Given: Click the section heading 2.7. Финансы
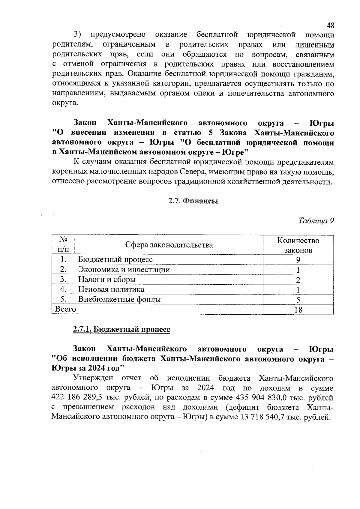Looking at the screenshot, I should [x=193, y=201].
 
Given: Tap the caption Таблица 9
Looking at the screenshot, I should [x=316, y=221].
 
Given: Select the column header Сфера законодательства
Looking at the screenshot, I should [x=169, y=245].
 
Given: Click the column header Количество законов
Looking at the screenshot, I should [x=298, y=245].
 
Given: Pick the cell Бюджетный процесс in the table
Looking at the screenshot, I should [x=115, y=259].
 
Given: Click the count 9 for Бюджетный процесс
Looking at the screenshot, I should [x=298, y=260].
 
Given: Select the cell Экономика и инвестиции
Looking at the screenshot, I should [x=124, y=270].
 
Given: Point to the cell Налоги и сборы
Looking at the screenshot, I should [x=107, y=280].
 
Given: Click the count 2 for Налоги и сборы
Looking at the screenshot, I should [x=298, y=280].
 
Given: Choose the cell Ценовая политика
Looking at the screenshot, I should [x=111, y=289].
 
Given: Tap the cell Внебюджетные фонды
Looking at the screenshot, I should [x=119, y=299].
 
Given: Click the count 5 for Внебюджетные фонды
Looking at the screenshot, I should [x=298, y=300].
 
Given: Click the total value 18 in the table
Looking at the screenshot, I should [x=298, y=310].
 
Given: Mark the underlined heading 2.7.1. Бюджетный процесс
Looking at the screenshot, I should [x=121, y=329].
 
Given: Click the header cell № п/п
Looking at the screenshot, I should [x=63, y=245].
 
